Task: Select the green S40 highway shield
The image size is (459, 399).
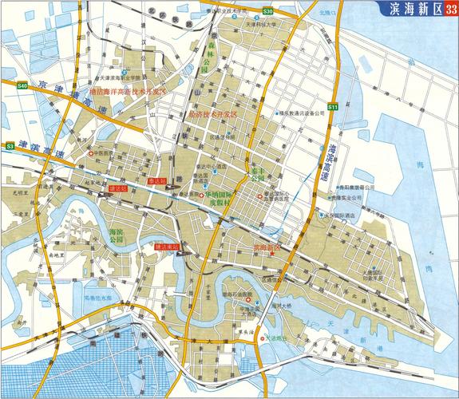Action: pyautogui.click(x=22, y=85)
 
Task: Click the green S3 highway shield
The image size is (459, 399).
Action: pyautogui.click(x=10, y=147)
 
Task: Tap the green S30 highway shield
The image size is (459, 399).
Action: pyautogui.click(x=268, y=12)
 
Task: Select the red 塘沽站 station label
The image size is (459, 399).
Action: pyautogui.click(x=117, y=188)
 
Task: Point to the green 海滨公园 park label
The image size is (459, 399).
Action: pyautogui.click(x=117, y=235)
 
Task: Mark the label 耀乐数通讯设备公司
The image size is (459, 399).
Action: pyautogui.click(x=304, y=114)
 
